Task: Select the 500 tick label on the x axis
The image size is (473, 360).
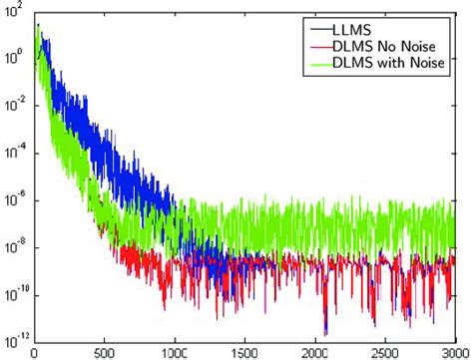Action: tap(104, 351)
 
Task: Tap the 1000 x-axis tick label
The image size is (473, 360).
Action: tap(174, 351)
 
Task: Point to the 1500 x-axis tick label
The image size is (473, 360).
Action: tap(243, 351)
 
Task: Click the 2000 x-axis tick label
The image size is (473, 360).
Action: tap(313, 351)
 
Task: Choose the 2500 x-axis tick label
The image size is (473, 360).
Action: tap(383, 351)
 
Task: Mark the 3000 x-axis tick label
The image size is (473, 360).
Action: tap(452, 351)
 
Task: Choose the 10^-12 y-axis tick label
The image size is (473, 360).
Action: tap(14, 337)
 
